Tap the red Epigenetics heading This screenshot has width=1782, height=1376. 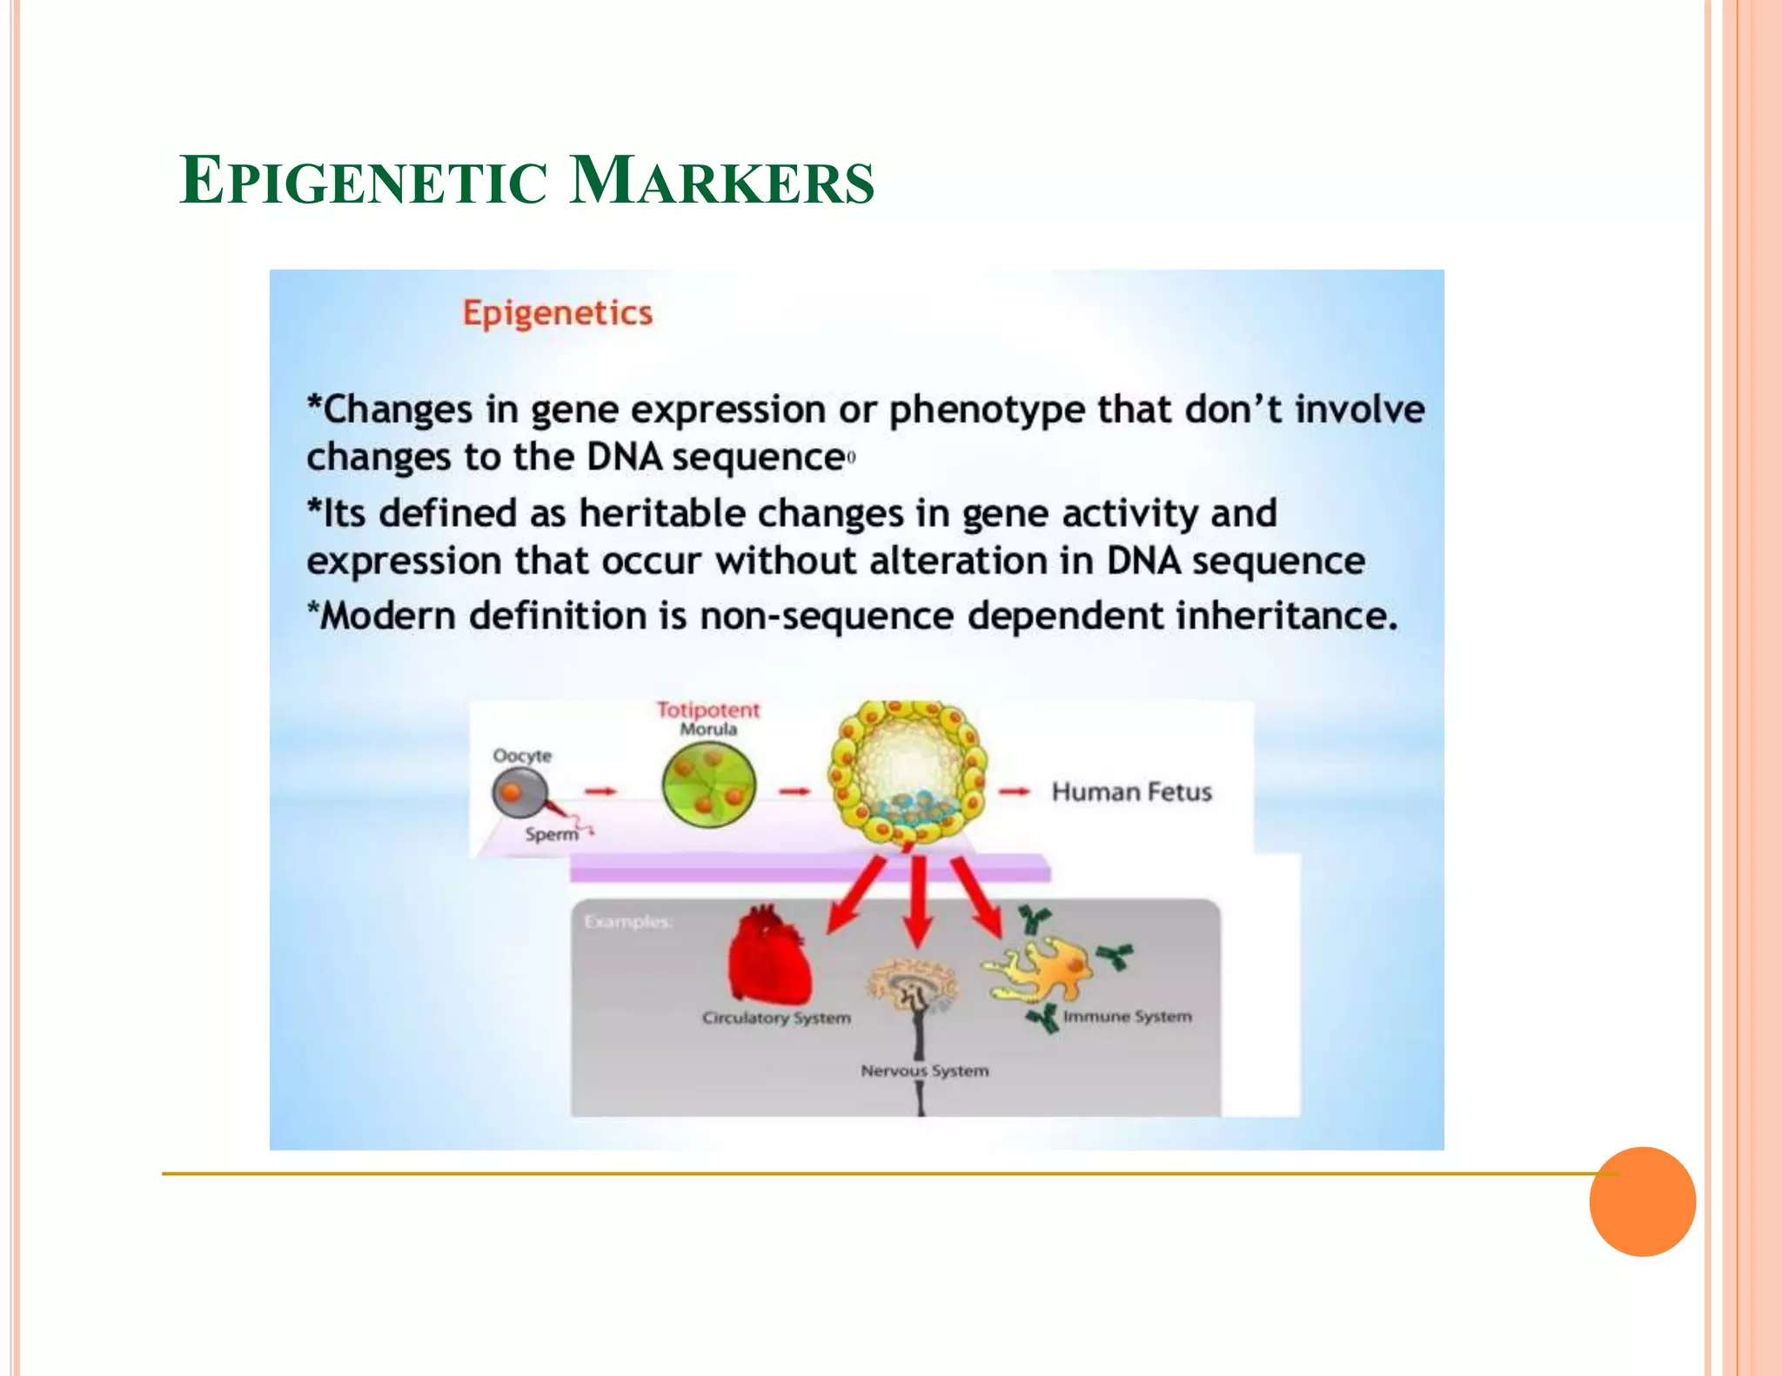tap(557, 313)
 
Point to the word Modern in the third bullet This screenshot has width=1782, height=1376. tap(388, 616)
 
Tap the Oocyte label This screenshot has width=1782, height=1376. tap(522, 755)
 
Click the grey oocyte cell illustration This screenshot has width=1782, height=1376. tap(519, 793)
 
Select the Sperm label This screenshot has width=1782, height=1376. tap(551, 834)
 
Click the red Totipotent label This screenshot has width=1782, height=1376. tap(707, 710)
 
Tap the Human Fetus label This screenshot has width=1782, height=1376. tap(1131, 792)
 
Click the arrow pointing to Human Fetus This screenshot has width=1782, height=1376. tap(1014, 792)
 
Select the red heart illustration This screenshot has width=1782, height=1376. tap(769, 957)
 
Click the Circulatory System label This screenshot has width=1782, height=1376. tap(776, 1018)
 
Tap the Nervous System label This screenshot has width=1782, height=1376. tap(924, 1071)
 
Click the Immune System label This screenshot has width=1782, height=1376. tap(1127, 1016)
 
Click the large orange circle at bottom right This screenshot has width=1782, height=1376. tap(1642, 1201)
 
